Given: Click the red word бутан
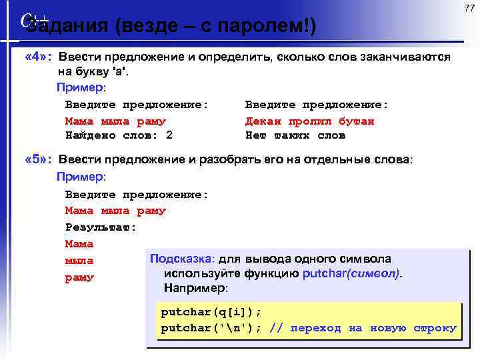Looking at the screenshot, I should pos(356,121).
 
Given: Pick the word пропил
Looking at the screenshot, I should pos(309,121).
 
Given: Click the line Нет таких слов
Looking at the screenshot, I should pos(295,135).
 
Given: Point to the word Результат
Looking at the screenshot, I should pos(101,227).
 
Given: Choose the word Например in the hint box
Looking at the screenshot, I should pos(195,288).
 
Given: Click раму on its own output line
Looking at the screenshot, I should pos(79,277).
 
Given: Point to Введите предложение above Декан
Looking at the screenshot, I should pos(317,105).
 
